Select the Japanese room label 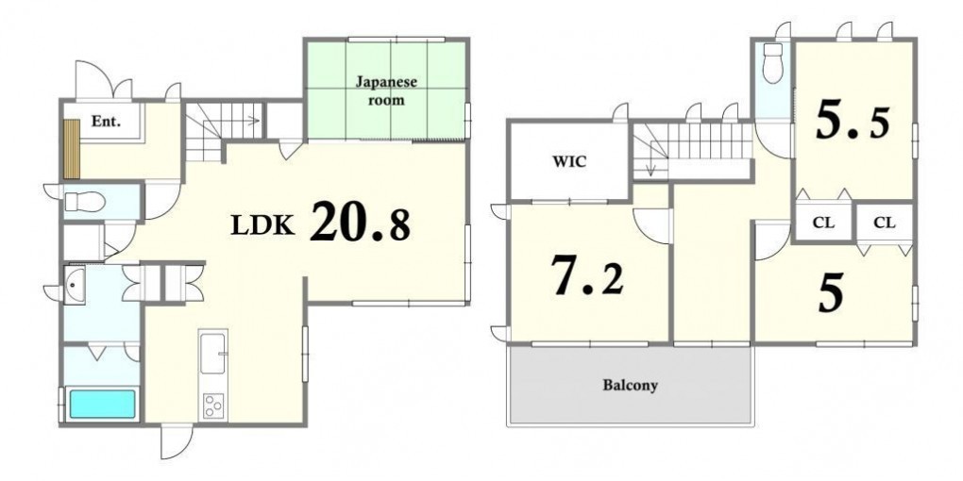pyautogui.click(x=387, y=91)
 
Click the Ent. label pyautogui.click(x=107, y=121)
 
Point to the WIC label pyautogui.click(x=569, y=162)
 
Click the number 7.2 pyautogui.click(x=587, y=274)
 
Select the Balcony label pyautogui.click(x=630, y=386)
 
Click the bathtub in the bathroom pyautogui.click(x=102, y=404)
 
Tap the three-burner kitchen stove pyautogui.click(x=213, y=406)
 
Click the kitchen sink pyautogui.click(x=213, y=352)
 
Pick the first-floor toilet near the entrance pyautogui.click(x=85, y=201)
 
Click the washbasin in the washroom pyautogui.click(x=75, y=285)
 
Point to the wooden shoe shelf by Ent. pyautogui.click(x=72, y=149)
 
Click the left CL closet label pyautogui.click(x=823, y=223)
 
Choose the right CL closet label pyautogui.click(x=885, y=223)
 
